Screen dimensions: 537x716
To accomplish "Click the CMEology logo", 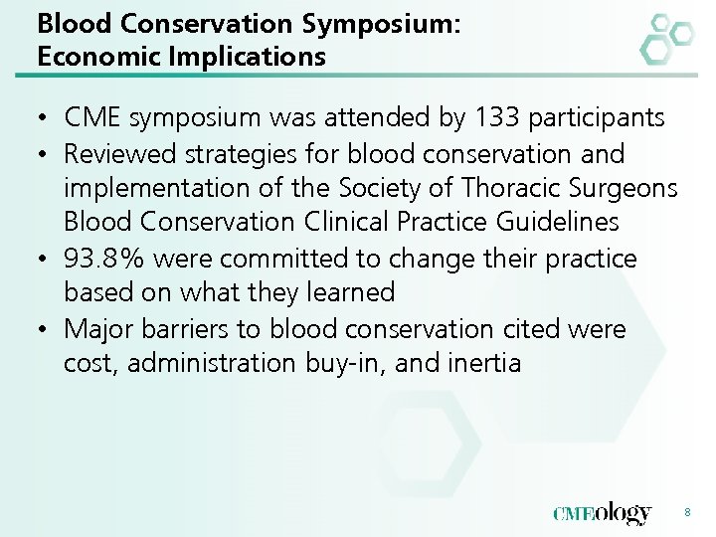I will [x=603, y=513].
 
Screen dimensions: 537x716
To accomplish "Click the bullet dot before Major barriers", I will [x=46, y=327].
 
